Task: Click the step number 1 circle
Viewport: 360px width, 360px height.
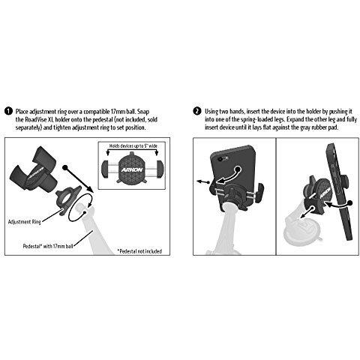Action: click(x=8, y=111)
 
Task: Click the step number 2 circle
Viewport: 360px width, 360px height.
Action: click(x=197, y=111)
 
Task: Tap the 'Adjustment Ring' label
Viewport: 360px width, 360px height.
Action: click(x=25, y=222)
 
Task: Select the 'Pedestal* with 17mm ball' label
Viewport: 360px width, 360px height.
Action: click(x=48, y=246)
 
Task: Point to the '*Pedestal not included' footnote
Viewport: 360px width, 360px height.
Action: click(x=139, y=251)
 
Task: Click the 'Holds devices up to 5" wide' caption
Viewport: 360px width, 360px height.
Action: click(x=133, y=145)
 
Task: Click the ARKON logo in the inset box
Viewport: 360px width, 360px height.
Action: click(x=132, y=170)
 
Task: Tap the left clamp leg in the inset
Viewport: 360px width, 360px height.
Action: click(x=105, y=168)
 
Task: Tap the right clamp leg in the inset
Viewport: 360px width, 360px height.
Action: click(x=160, y=168)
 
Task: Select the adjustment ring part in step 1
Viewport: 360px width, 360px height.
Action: click(x=67, y=200)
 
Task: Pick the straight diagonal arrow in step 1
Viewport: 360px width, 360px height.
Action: click(x=79, y=179)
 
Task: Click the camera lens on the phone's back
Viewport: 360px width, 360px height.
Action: click(x=221, y=159)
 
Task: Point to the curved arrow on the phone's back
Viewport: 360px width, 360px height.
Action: click(x=229, y=176)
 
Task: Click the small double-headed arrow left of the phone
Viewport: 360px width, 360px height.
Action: click(x=203, y=182)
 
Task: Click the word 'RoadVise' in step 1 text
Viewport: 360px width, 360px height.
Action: click(x=36, y=119)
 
